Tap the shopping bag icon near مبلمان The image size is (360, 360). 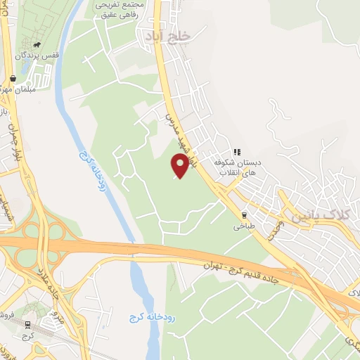pyautogui.click(x=13, y=79)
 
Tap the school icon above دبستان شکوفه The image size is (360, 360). pyautogui.click(x=238, y=151)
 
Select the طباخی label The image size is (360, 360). pyautogui.click(x=243, y=227)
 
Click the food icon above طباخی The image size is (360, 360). pyautogui.click(x=244, y=215)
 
